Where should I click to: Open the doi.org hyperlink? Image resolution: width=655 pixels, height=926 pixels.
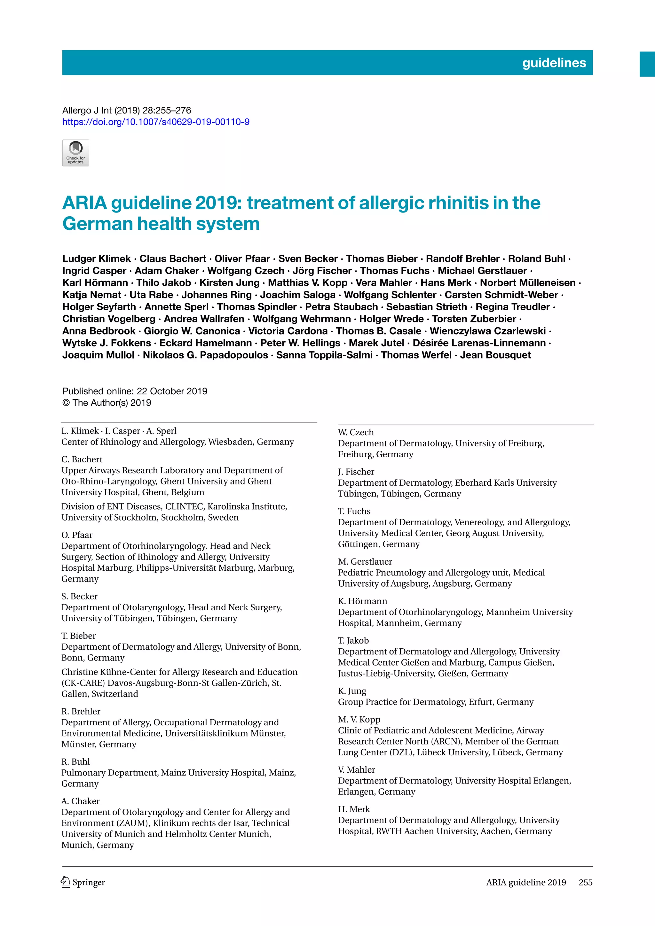point(156,122)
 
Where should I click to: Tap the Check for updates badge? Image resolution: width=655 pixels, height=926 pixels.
point(75,153)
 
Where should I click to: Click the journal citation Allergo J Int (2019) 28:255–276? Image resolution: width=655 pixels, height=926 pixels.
point(127,111)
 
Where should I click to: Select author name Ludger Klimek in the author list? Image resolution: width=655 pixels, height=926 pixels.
point(97,259)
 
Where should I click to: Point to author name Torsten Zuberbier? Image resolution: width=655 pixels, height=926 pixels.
point(474,319)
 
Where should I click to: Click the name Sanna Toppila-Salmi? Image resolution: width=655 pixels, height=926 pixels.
point(325,355)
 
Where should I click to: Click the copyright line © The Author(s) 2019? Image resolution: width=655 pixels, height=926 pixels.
point(107,403)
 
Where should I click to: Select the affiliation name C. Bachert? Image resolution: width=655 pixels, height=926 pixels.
point(82,459)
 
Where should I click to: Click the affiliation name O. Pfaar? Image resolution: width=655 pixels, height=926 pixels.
point(77,535)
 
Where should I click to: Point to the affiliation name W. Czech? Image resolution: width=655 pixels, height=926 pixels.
point(356,432)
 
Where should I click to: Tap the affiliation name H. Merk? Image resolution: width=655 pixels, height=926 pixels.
point(354,809)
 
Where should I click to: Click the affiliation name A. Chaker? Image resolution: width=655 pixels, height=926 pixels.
point(80,801)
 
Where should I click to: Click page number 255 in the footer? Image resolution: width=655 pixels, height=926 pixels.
point(585,883)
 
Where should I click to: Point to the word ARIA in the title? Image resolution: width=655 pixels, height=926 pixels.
point(84,203)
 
